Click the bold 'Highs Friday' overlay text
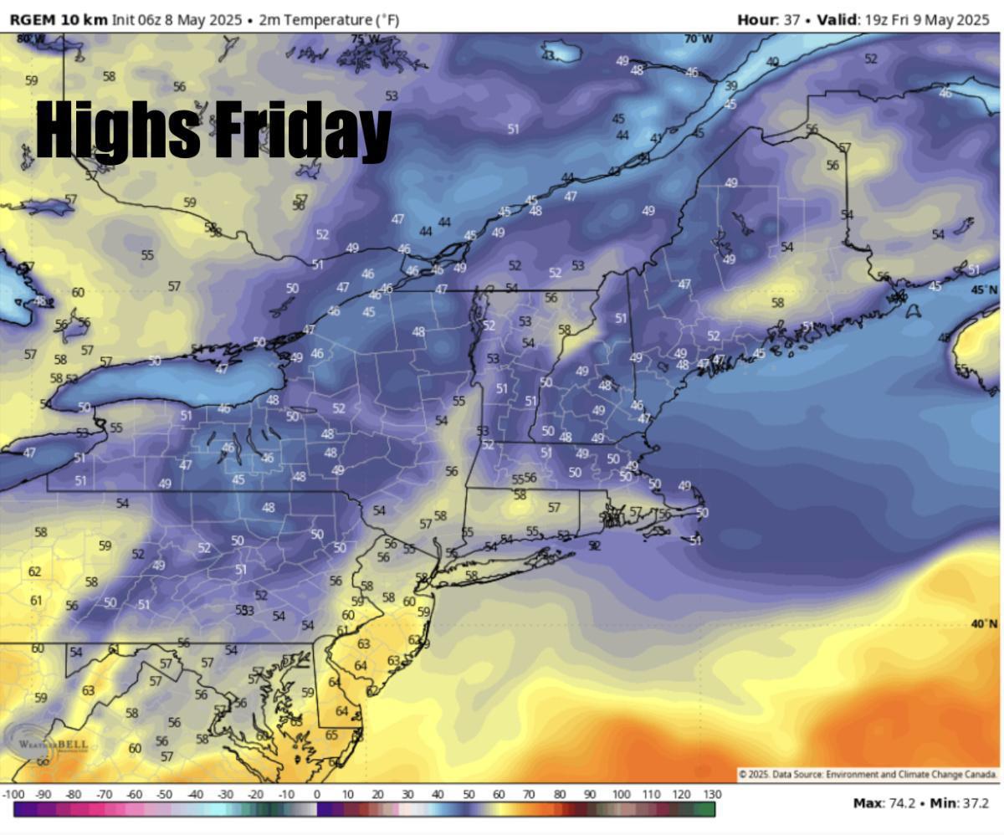213,130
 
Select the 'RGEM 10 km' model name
59,19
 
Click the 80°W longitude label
31,38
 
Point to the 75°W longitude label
365,39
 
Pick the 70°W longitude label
699,39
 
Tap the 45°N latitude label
984,289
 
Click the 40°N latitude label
984,624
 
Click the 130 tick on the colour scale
712,794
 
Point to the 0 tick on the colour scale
317,794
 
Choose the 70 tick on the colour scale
529,794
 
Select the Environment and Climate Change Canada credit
866,775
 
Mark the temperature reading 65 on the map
331,735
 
